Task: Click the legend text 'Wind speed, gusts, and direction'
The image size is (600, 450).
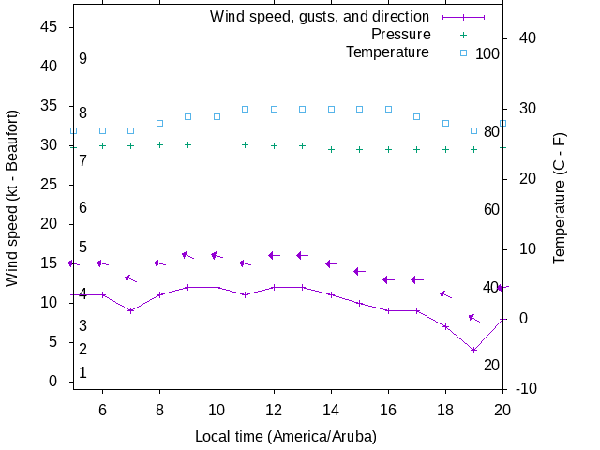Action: [320, 17]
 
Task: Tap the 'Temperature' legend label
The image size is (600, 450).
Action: [387, 52]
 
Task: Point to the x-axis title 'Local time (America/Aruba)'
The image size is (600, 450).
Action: [286, 436]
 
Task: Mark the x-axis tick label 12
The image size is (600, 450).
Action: [274, 409]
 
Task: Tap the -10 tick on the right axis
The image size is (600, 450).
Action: [526, 388]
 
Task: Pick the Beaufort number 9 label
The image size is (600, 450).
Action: [83, 59]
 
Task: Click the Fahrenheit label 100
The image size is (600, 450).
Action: [487, 53]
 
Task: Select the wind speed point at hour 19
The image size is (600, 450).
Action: [474, 350]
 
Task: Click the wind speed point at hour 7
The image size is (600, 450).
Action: [131, 310]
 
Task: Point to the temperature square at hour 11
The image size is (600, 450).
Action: [246, 109]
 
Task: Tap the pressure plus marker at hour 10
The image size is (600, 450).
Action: [217, 142]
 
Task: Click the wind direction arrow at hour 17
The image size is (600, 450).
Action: [417, 279]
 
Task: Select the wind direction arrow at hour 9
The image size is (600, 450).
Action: [187, 255]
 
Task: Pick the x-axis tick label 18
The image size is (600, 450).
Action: [445, 409]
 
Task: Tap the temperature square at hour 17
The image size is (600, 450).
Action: [417, 116]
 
